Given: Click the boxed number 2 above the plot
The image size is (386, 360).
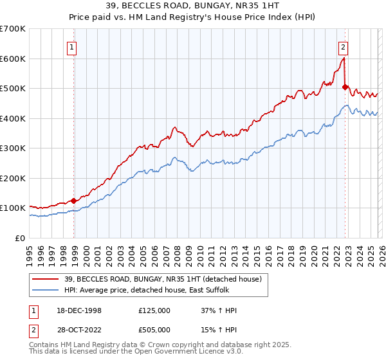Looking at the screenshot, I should coord(344,46).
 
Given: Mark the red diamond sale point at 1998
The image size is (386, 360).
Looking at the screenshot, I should coord(74,201).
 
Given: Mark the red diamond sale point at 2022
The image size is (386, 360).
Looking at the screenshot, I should coord(345,87).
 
